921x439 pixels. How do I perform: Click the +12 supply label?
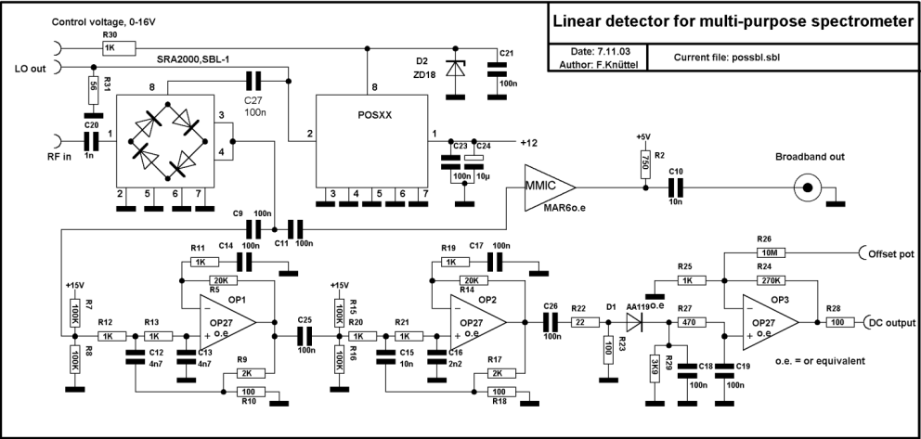point(529,142)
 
